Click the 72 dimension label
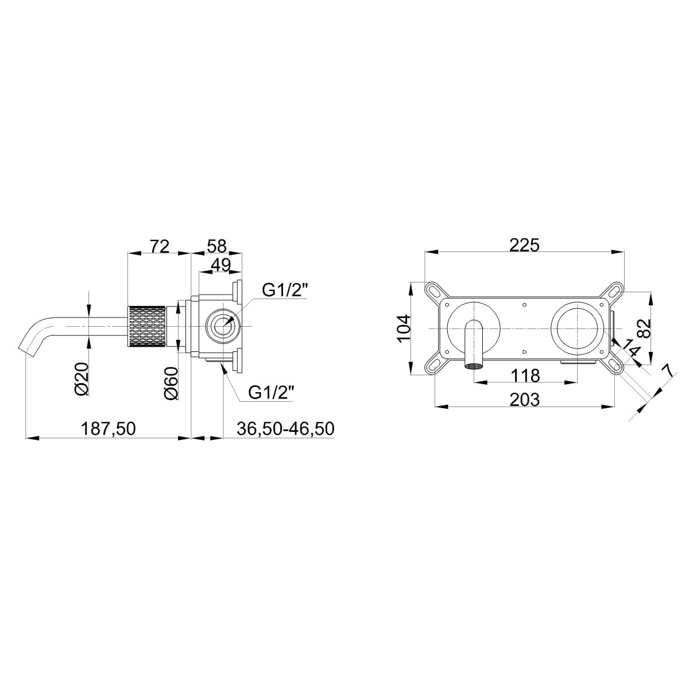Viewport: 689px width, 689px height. click(160, 246)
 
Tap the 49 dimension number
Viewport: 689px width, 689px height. click(220, 265)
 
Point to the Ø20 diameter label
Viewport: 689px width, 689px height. click(82, 379)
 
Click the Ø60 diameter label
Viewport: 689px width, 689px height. click(171, 384)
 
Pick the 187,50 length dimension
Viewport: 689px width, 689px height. click(109, 429)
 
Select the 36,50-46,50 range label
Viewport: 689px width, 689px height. click(285, 428)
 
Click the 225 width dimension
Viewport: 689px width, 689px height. click(524, 246)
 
